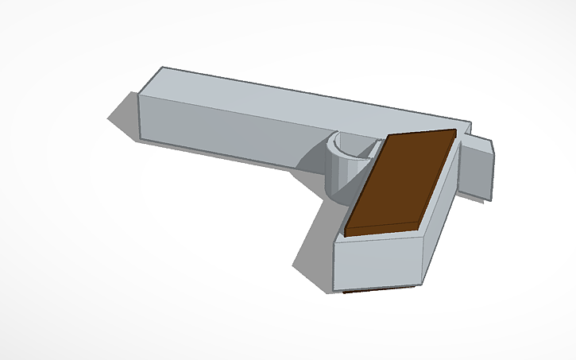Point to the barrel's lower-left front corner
click(x=142, y=141)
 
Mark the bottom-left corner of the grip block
click(x=336, y=289)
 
